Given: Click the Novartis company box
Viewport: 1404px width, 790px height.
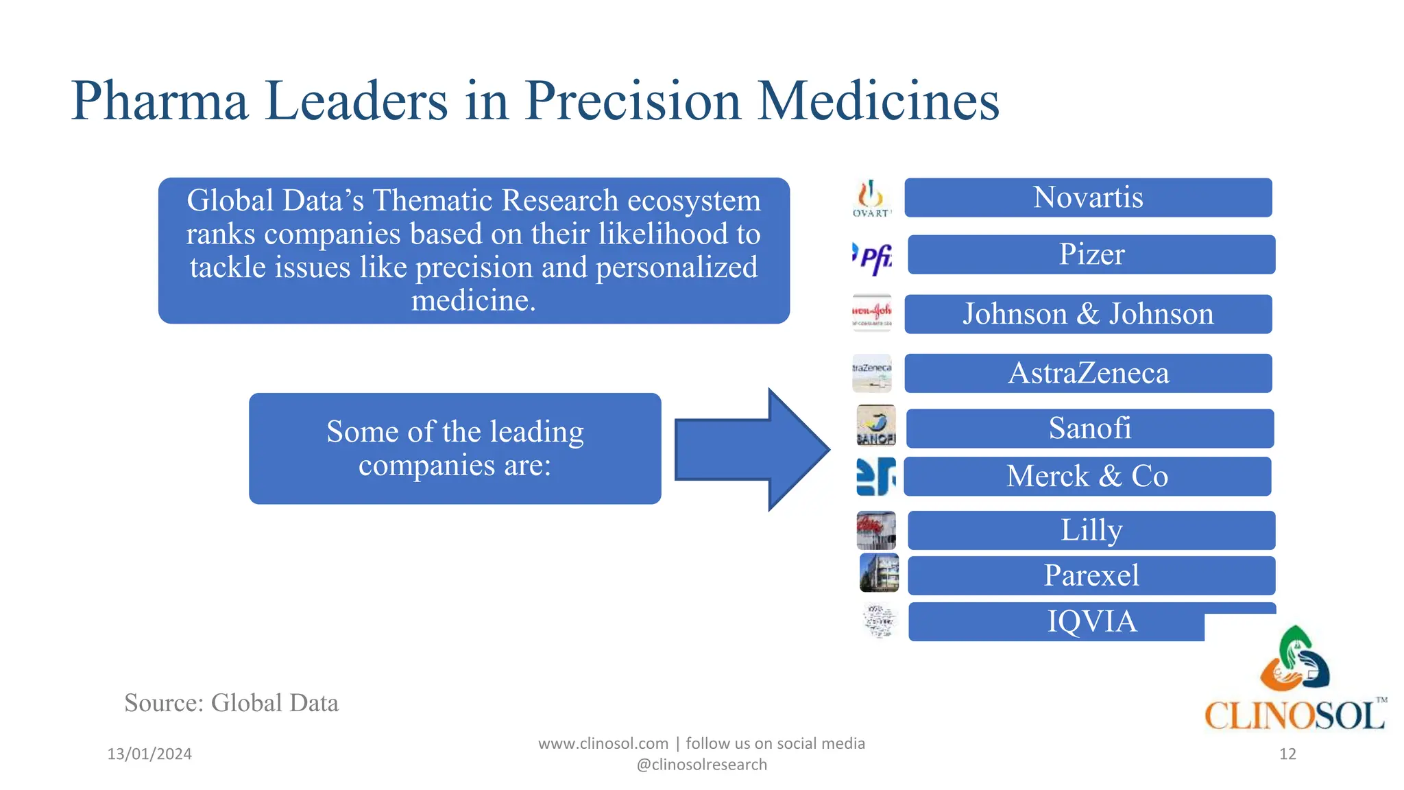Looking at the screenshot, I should (1088, 197).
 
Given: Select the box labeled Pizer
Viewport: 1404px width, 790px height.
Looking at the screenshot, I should (1091, 254).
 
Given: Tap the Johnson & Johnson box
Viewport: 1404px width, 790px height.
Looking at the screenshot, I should (1088, 314).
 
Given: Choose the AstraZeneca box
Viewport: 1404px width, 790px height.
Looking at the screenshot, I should (1088, 373).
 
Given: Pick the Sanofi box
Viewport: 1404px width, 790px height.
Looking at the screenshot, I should (1090, 429).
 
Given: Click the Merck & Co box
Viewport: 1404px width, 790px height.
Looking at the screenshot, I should (1087, 476).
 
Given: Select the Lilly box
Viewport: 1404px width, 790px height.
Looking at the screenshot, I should (1091, 530).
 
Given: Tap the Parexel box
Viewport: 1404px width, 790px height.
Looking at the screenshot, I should (1091, 575).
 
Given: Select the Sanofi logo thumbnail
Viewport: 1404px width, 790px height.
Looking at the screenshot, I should (876, 425).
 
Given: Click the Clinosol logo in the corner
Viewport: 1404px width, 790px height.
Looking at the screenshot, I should (1295, 679).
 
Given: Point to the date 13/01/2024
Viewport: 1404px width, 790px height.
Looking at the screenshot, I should (149, 754).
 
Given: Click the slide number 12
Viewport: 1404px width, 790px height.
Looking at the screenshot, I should (1287, 754).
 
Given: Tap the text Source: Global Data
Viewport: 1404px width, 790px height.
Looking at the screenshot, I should (231, 703).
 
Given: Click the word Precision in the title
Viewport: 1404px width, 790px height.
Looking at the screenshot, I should (633, 101).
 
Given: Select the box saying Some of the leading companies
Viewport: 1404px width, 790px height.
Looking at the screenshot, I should (455, 448).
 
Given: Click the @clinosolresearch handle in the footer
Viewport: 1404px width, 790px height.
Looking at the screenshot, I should (701, 765).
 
